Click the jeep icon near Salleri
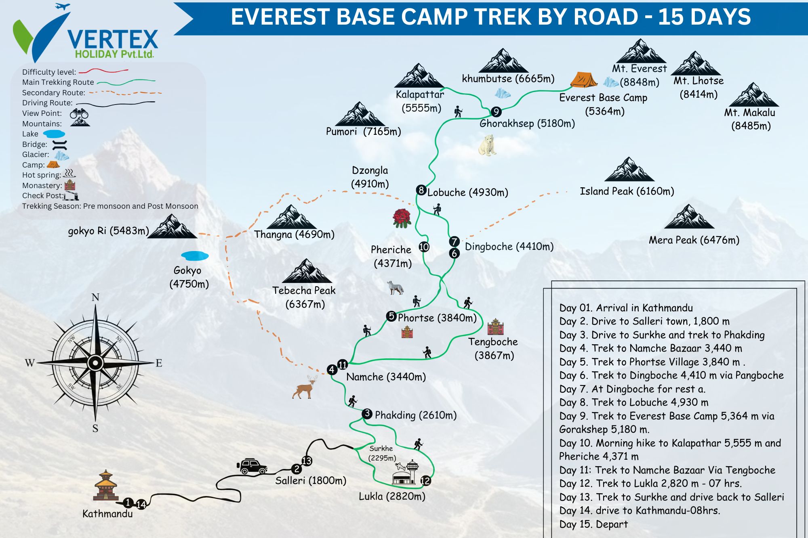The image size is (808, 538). pos(252,466)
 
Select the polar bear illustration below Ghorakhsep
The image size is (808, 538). pos(487,145)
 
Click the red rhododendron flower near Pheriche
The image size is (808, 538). pos(402,218)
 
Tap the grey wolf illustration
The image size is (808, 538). pos(395,287)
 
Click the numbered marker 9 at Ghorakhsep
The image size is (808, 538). pos(496,112)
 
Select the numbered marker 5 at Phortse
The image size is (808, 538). pos(391,316)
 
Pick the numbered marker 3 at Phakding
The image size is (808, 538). pos(367,413)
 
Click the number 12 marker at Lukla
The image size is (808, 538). pos(425,480)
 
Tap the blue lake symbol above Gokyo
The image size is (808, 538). pos(195,256)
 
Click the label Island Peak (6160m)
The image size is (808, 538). pos(627,191)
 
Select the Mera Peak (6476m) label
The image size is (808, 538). pos(694,240)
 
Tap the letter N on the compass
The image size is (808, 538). pos(95,297)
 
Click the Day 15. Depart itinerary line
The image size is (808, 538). pos(593,524)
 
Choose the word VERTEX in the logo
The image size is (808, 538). pos(112,39)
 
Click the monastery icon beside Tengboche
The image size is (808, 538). pos(495,327)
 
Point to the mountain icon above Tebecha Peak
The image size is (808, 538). pos(307,271)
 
